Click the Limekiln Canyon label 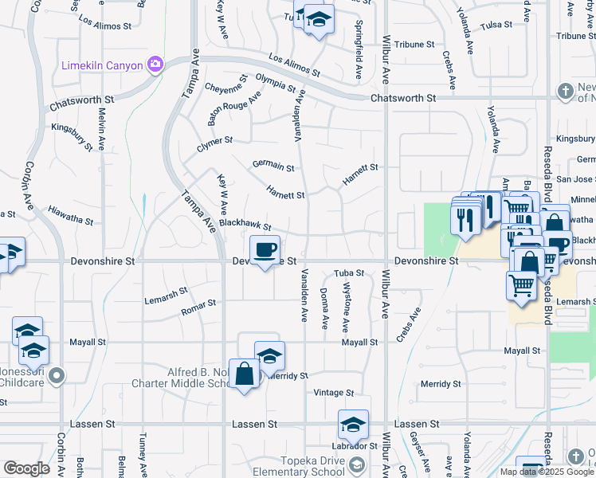(102, 65)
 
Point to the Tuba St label (348, 273)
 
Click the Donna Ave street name (324, 309)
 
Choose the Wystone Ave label (346, 308)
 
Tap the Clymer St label (214, 140)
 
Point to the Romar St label (198, 305)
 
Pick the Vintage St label (333, 393)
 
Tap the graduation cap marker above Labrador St (353, 426)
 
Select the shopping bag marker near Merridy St (245, 374)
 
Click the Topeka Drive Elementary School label (294, 465)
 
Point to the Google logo (26, 468)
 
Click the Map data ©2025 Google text (546, 472)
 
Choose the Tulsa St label (496, 25)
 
